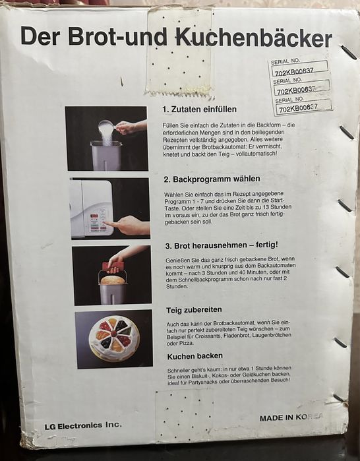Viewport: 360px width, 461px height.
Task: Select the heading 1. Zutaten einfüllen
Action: tap(200, 109)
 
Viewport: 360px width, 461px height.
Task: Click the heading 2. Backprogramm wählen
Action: tap(212, 179)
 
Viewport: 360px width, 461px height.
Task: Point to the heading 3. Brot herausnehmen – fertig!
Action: tap(222, 245)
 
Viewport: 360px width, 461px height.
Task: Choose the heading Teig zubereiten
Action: tap(194, 310)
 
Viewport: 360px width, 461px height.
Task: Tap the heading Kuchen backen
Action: tap(195, 356)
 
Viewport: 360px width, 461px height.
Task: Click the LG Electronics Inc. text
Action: tap(83, 425)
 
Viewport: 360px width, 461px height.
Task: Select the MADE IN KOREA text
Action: tap(291, 417)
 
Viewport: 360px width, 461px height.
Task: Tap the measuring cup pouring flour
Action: tap(108, 127)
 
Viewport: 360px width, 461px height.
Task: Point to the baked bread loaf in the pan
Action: tap(113, 280)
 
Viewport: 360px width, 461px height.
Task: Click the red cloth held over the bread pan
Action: tap(113, 268)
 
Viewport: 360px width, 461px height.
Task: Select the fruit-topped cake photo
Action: tap(114, 339)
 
